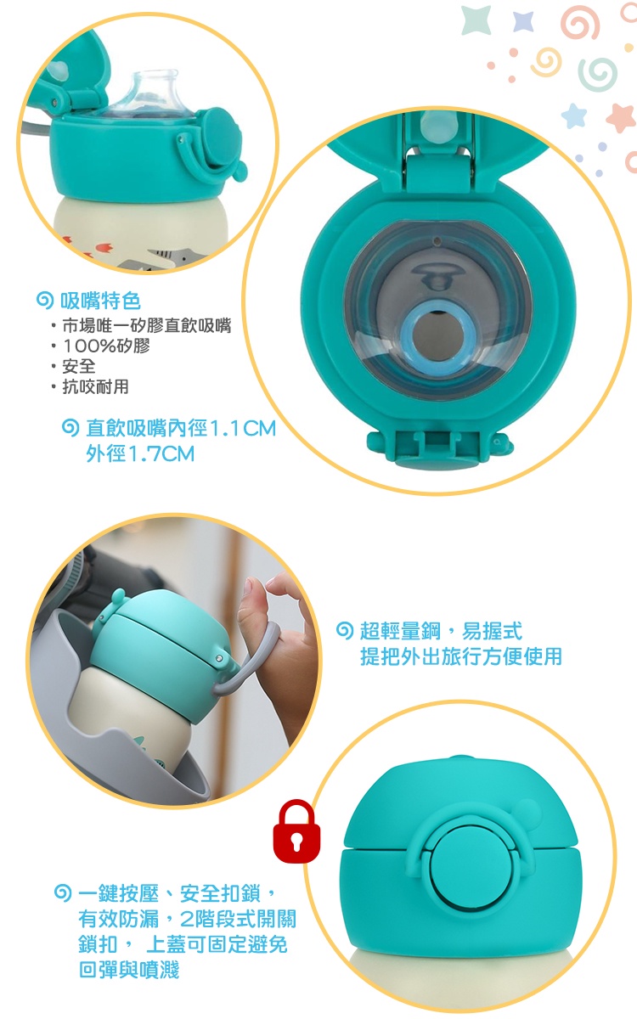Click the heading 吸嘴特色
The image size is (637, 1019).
pos(100,301)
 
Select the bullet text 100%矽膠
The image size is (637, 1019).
pos(106,346)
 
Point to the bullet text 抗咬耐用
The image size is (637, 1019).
pos(95,386)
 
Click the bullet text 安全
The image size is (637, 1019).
pos(79,366)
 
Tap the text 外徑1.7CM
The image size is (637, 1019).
pos(140,453)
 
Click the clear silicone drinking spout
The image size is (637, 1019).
pos(151,93)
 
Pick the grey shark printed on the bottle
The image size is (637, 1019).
pos(168,259)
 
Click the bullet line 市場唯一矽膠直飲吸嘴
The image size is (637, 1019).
pos(146,325)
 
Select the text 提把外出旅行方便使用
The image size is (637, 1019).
pos(461,656)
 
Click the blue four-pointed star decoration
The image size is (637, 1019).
pos(523,21)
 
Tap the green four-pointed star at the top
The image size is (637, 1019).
pos(476,20)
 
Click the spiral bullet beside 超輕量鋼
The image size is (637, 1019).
pos(345,630)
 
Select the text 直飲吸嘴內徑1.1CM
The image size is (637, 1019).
pos(181,428)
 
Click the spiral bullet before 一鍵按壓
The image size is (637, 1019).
pos(62,893)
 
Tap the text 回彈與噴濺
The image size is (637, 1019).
pos(129,970)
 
